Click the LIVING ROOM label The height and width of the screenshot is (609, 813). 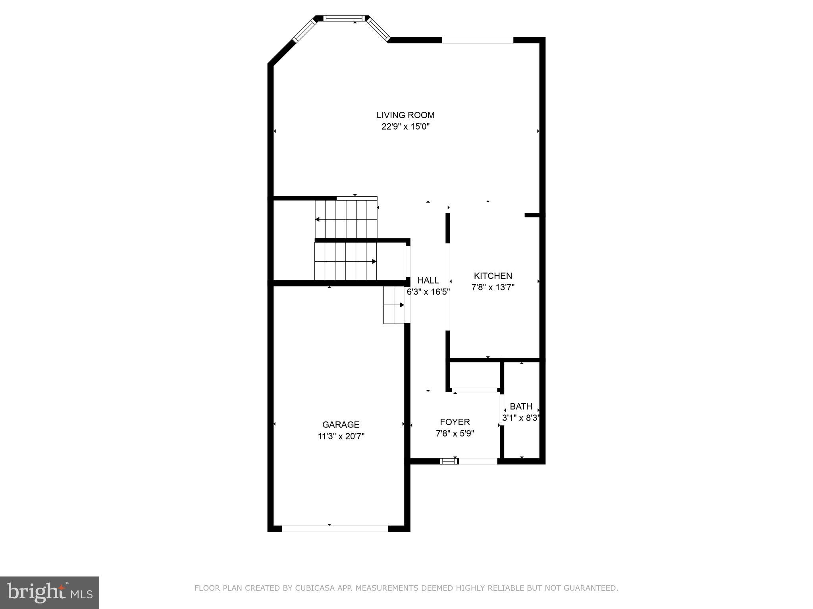click(405, 115)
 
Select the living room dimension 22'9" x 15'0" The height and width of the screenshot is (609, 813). click(405, 127)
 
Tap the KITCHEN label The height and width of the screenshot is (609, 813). click(493, 276)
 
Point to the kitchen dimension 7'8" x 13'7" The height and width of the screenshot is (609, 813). click(493, 287)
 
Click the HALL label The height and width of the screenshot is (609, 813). click(428, 280)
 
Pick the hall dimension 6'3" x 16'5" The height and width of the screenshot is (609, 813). click(428, 292)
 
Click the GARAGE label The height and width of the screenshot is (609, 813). click(341, 425)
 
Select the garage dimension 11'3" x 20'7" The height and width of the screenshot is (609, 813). click(341, 437)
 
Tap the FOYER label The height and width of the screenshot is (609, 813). click(455, 422)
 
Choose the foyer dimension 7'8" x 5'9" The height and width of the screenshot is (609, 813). click(455, 434)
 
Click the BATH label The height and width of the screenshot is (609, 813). click(521, 406)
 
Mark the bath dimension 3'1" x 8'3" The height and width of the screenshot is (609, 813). click(521, 418)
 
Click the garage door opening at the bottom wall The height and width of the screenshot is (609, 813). click(335, 529)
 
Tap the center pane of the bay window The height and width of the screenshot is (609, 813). click(344, 18)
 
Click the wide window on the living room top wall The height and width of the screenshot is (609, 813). click(478, 40)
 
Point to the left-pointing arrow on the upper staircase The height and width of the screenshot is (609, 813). click(318, 219)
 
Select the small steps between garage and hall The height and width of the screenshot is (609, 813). click(393, 305)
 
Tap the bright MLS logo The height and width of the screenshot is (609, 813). click(49, 592)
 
